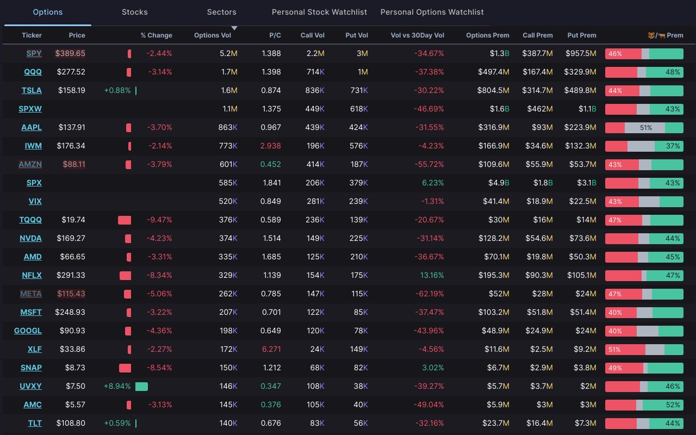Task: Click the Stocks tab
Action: [x=134, y=12]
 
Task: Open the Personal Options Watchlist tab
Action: [x=432, y=12]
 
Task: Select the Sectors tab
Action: [x=221, y=12]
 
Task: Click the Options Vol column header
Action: [x=212, y=35]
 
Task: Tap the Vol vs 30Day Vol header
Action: [x=417, y=35]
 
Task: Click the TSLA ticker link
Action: [x=32, y=90]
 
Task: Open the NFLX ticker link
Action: [x=32, y=275]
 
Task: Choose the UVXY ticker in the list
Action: [x=31, y=386]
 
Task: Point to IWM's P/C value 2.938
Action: [x=270, y=146]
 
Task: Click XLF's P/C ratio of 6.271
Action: [x=270, y=349]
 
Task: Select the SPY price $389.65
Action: [x=70, y=53]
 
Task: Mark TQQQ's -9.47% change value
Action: [x=159, y=220]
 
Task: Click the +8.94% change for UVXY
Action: [x=117, y=386]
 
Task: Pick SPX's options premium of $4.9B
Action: [x=495, y=183]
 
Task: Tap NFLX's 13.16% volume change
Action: [x=432, y=275]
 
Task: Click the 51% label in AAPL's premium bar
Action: [x=646, y=127]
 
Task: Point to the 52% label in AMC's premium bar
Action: [x=673, y=405]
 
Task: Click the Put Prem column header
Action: [x=581, y=35]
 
